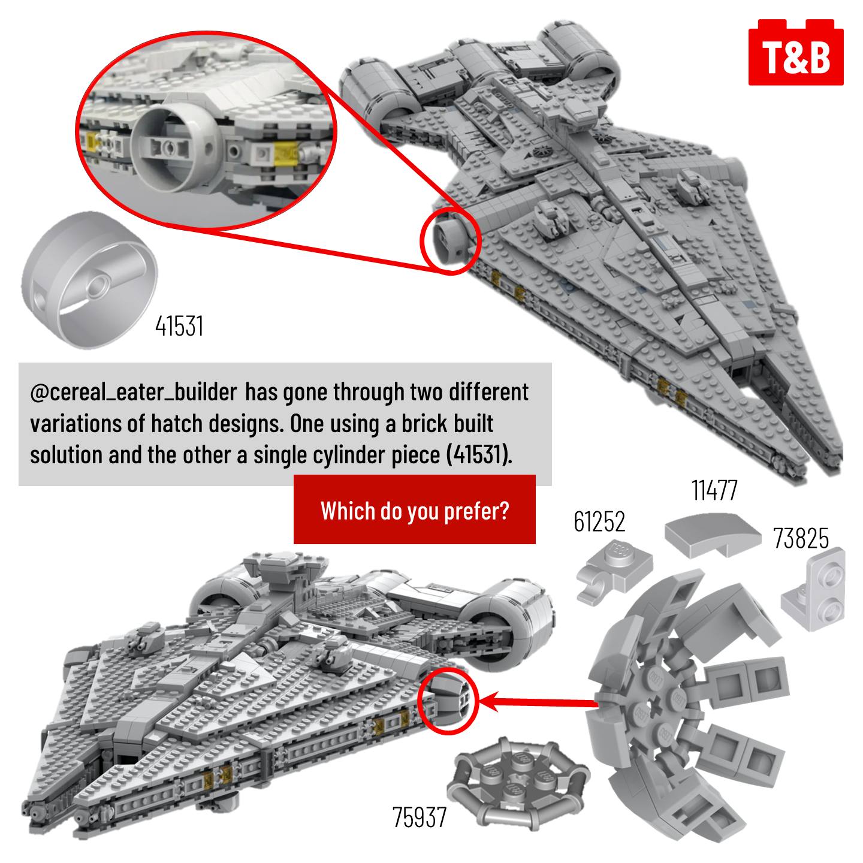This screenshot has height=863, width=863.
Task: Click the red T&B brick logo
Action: pyautogui.click(x=795, y=52)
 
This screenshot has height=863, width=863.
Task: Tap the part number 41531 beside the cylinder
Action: pyautogui.click(x=180, y=325)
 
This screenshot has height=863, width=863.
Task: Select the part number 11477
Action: pyautogui.click(x=714, y=490)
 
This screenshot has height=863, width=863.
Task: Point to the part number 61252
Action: pyautogui.click(x=599, y=521)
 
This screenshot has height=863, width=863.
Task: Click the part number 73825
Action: pyautogui.click(x=801, y=538)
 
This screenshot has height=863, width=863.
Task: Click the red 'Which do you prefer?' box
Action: pyautogui.click(x=415, y=509)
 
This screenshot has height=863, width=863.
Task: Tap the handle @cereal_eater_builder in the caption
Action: pyautogui.click(x=134, y=393)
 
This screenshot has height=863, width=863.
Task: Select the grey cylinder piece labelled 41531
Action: pyautogui.click(x=89, y=280)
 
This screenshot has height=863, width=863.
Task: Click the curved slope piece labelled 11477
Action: pyautogui.click(x=712, y=535)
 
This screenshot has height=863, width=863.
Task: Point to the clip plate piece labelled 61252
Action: pyautogui.click(x=612, y=572)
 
